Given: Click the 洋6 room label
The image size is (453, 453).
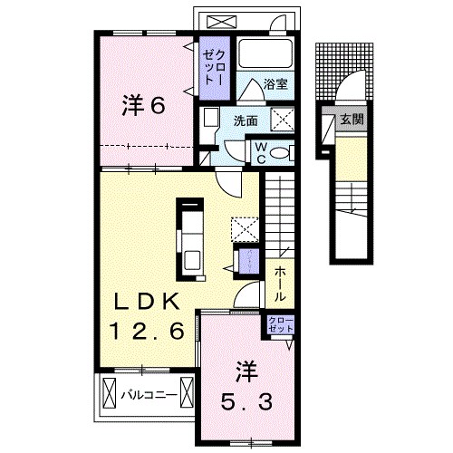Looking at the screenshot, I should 142,106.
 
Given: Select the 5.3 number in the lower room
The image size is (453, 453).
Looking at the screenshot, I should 243,398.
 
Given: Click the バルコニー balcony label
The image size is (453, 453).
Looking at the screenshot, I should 149,394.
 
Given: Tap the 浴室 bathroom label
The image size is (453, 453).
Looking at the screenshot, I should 275,84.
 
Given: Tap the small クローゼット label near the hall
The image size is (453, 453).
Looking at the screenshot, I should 279,324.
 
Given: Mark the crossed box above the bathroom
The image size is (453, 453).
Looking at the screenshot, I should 219,21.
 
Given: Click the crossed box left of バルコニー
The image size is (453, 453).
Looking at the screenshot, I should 109,394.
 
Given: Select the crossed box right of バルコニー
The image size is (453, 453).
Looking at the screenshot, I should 188,394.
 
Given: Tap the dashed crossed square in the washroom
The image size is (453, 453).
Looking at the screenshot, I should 282,118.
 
